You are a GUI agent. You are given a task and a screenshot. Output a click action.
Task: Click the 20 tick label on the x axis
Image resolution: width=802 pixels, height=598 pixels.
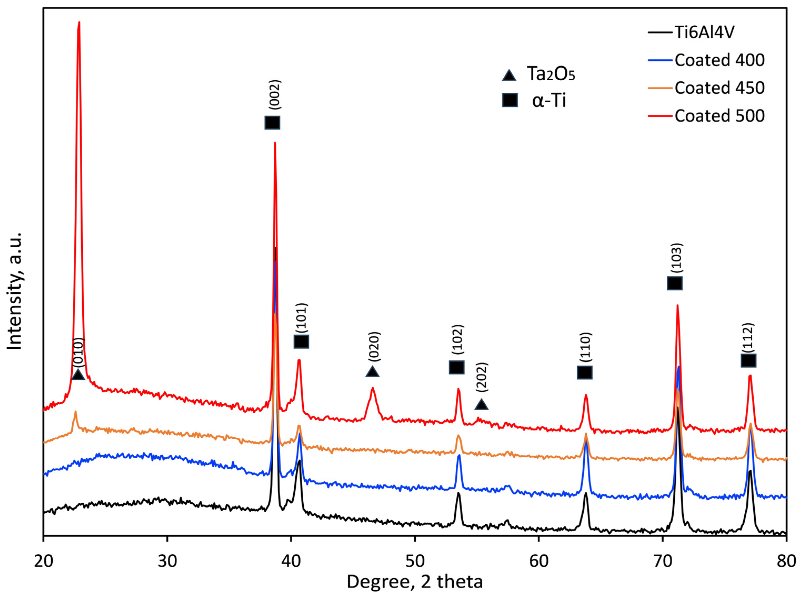coord(43,561)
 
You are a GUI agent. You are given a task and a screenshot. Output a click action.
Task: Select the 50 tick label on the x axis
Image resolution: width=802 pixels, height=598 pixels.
coord(415,561)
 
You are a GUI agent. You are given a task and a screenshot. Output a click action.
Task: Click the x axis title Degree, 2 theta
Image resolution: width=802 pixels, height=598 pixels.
coord(415,582)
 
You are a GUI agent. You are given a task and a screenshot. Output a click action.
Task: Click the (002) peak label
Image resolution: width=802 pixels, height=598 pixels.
coord(275,94)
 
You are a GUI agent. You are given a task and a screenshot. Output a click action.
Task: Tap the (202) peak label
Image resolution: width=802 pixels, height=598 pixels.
coord(482,377)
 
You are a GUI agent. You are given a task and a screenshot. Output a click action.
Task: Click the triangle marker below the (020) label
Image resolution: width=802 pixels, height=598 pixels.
coord(372,372)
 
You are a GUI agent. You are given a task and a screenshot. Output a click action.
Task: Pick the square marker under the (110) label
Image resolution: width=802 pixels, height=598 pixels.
coord(584,372)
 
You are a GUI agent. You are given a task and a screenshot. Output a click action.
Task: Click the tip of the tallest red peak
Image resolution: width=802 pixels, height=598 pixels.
coord(79,22)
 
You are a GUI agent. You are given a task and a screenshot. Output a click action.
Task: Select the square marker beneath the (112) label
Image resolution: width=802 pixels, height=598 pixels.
coord(748,360)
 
